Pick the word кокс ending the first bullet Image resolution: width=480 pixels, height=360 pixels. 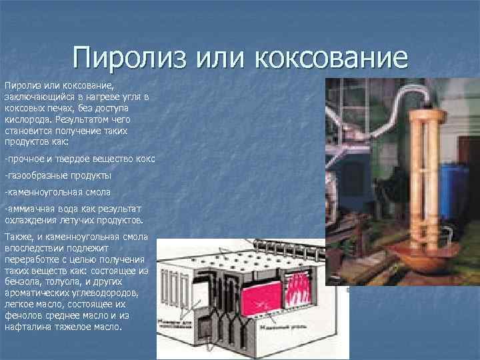pyautogui.click(x=146, y=160)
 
